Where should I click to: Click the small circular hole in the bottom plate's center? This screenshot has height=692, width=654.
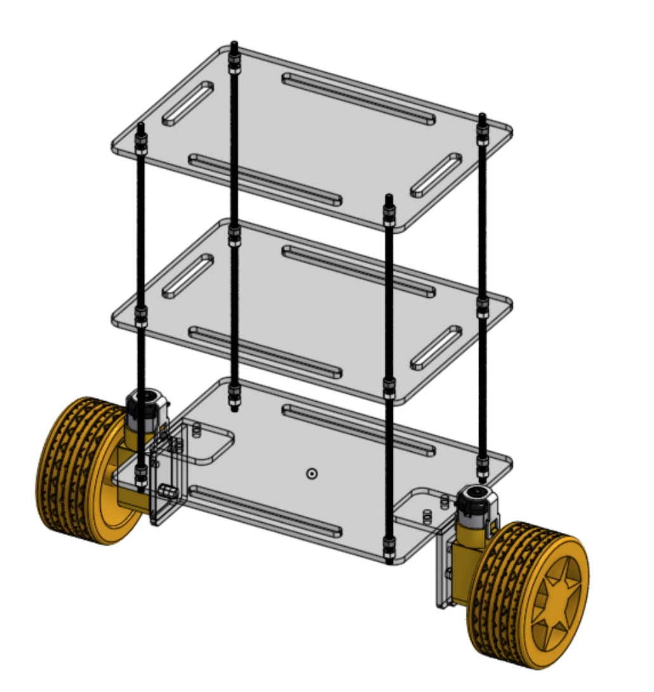[311, 473]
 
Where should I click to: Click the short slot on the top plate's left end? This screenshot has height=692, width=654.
[188, 103]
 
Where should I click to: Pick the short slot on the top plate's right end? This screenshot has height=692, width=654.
[436, 175]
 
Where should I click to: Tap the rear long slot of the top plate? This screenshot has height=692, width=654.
[359, 98]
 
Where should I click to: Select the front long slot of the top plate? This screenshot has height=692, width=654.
[266, 180]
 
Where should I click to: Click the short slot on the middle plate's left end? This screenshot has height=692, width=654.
[188, 276]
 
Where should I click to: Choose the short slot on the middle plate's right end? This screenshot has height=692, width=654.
[436, 347]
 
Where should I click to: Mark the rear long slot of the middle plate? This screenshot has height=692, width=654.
[359, 271]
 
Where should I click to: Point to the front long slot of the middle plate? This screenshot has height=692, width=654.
[266, 352]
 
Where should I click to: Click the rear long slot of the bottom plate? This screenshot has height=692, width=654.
[359, 430]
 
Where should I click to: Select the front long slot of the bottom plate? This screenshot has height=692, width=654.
[266, 511]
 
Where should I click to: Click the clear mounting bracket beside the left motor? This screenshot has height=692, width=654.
[169, 475]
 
